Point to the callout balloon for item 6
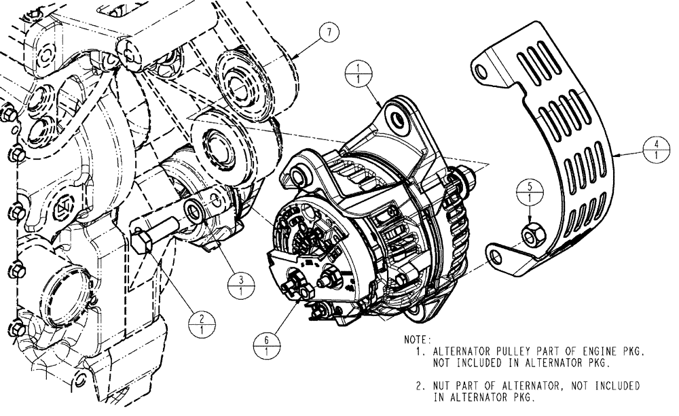pyautogui.click(x=265, y=344)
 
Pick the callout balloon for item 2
pyautogui.click(x=201, y=324)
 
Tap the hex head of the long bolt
pyautogui.click(x=141, y=241)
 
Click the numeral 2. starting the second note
pyautogui.click(x=420, y=386)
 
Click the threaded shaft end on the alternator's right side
pyautogui.click(x=466, y=177)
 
